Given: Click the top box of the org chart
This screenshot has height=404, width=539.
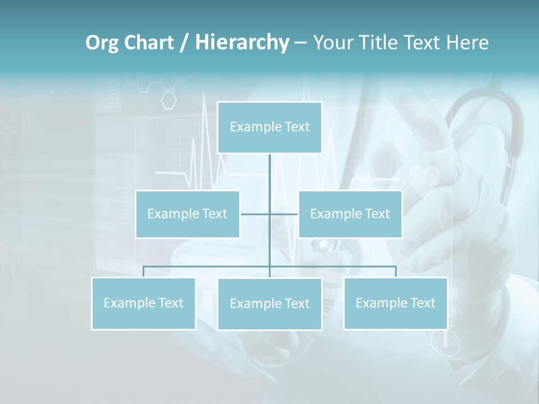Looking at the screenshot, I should [269, 127].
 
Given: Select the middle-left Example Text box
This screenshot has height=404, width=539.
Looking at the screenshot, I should [188, 214].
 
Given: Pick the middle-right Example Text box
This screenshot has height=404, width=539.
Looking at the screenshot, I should [350, 214].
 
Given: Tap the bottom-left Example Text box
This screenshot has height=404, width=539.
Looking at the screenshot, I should [143, 303].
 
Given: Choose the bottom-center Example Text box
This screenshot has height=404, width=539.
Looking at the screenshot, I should [269, 304].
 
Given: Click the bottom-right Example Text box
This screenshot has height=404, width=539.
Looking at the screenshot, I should [395, 303].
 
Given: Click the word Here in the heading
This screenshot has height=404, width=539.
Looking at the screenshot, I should [467, 43].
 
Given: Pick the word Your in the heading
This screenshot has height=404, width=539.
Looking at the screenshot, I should [332, 43].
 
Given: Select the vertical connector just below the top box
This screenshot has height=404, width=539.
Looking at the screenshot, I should [269, 168].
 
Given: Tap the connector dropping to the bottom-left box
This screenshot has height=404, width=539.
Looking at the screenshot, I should [143, 272].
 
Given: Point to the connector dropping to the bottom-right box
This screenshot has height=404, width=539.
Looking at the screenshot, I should [396, 272].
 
